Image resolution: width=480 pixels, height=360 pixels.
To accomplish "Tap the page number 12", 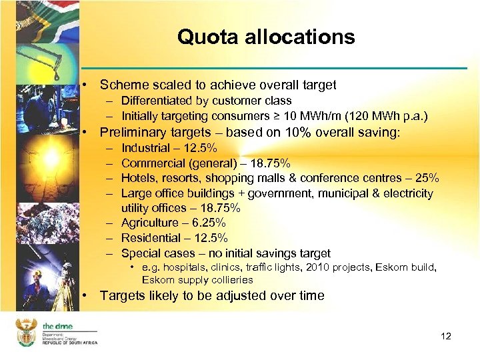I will [x=446, y=336].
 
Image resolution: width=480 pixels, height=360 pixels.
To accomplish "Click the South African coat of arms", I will [x=27, y=331].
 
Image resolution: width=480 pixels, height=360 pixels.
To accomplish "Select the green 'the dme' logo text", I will [x=59, y=325].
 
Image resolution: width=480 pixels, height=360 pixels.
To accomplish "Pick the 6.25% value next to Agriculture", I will [x=209, y=223].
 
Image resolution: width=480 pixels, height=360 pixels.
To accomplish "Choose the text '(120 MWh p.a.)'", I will [x=388, y=116].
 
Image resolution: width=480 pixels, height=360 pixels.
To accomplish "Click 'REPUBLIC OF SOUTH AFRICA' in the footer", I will [x=69, y=342].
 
